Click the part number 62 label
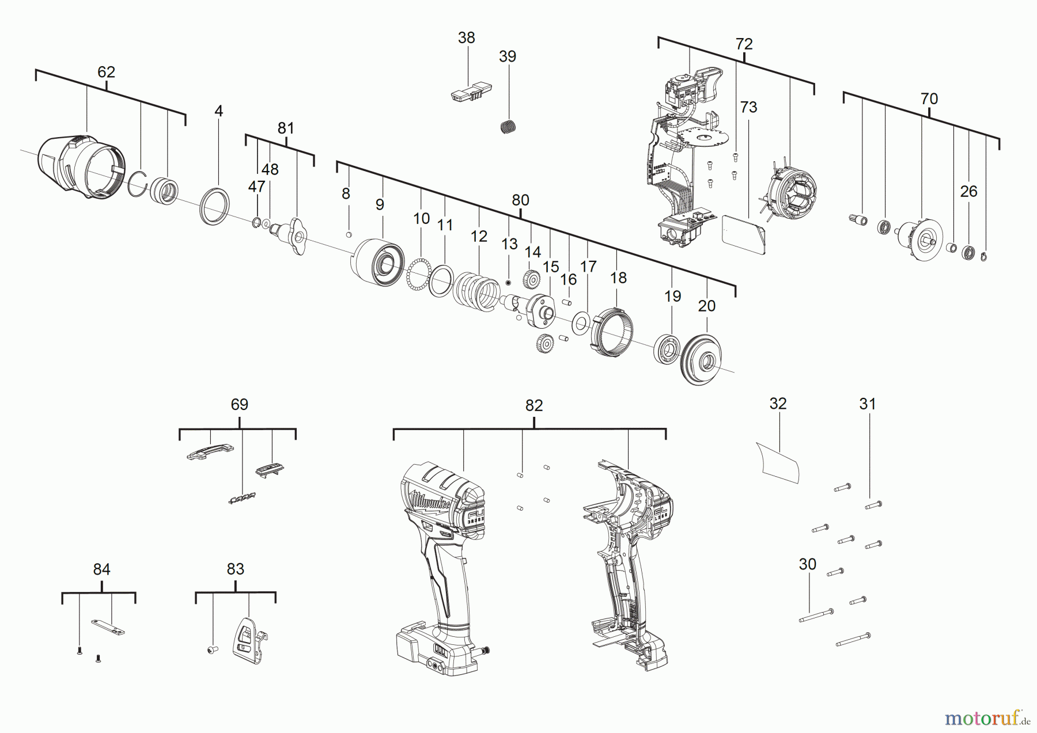pyautogui.click(x=106, y=72)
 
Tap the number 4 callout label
pyautogui.click(x=218, y=111)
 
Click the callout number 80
pyautogui.click(x=520, y=200)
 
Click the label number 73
pyautogui.click(x=748, y=107)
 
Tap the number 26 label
pyautogui.click(x=968, y=191)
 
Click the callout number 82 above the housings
pyautogui.click(x=534, y=405)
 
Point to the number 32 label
pyautogui.click(x=778, y=404)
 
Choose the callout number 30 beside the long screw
pyautogui.click(x=808, y=564)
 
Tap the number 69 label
pyautogui.click(x=240, y=404)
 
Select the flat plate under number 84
pyautogui.click(x=108, y=626)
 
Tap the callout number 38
pyautogui.click(x=466, y=37)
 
